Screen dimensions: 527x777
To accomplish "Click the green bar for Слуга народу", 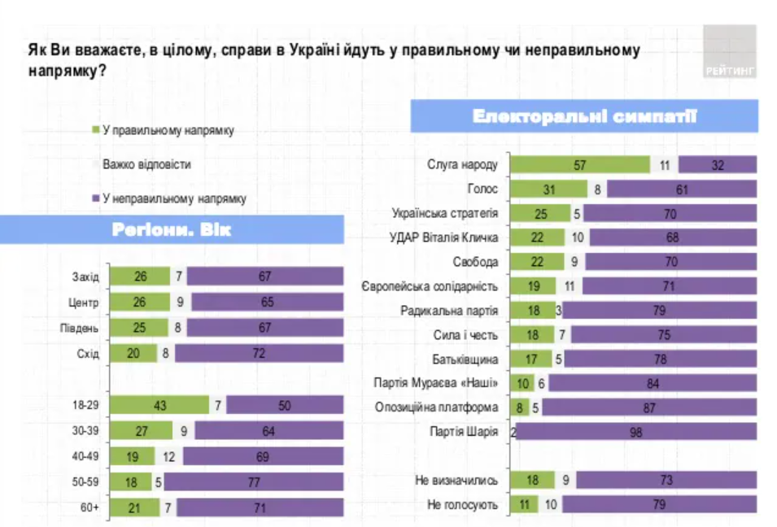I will click(579, 164).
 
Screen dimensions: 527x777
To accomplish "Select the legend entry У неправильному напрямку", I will click(173, 198).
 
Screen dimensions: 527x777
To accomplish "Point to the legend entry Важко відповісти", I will click(146, 164).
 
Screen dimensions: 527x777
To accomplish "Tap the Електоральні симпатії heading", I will click(584, 116).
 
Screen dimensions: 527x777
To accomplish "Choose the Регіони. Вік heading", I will click(171, 230).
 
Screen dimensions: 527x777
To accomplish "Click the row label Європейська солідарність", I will click(429, 285).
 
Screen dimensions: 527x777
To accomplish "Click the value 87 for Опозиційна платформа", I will click(648, 407).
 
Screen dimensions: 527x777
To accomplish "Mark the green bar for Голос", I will click(548, 189).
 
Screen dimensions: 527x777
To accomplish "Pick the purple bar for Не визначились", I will click(665, 481).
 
